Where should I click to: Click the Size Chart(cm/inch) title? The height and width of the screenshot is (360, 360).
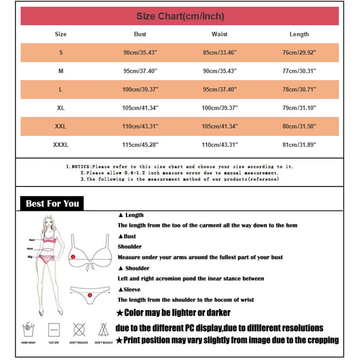tap(180, 16)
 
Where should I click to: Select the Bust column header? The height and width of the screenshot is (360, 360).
tap(140, 34)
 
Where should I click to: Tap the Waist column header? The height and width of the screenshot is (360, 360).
tap(220, 34)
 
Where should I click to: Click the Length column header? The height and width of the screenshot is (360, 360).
tap(299, 34)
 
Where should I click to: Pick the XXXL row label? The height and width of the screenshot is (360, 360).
tap(61, 145)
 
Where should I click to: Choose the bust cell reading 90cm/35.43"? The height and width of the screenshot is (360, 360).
tap(140, 53)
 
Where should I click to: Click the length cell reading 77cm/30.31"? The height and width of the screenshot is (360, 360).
tap(299, 71)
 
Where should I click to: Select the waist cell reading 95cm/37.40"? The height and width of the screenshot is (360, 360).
tap(220, 90)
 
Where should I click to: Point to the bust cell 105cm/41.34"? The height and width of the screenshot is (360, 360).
tap(140, 108)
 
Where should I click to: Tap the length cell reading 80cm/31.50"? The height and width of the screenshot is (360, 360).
tap(299, 127)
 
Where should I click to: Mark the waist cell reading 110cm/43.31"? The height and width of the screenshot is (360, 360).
tap(220, 145)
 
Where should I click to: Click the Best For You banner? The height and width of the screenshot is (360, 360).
tap(52, 204)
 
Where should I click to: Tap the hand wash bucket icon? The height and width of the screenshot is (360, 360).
tap(28, 329)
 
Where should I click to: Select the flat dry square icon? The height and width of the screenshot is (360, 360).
tap(54, 329)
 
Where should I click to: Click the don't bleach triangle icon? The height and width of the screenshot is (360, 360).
tap(104, 329)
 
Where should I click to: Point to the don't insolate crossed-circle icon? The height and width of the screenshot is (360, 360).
tap(79, 329)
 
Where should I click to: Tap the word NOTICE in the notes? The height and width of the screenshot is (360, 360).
tap(80, 167)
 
